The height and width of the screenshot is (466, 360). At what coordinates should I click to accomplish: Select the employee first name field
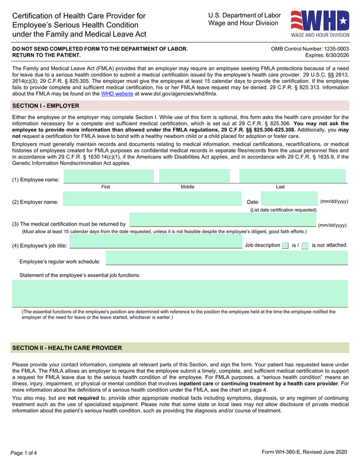[x=109, y=176]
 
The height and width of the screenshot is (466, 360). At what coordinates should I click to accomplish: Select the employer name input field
[x=152, y=199]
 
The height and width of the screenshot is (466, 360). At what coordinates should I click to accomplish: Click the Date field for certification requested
[x=289, y=199]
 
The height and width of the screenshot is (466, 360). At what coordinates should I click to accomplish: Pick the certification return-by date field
[x=223, y=220]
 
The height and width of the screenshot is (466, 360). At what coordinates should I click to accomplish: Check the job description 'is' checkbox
[x=285, y=245]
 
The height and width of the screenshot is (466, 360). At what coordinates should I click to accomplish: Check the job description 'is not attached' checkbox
[x=305, y=245]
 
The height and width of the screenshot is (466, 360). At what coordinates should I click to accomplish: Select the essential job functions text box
[x=180, y=293]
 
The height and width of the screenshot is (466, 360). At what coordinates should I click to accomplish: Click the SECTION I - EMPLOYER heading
[x=46, y=106]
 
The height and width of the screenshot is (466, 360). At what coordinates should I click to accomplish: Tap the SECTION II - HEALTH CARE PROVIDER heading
[x=67, y=348]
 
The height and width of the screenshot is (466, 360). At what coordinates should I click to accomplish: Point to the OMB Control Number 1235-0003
[x=309, y=49]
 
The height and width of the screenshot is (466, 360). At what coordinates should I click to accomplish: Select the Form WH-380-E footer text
[x=309, y=453]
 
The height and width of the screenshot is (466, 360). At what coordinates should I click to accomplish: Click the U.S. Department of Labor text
[x=244, y=15]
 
